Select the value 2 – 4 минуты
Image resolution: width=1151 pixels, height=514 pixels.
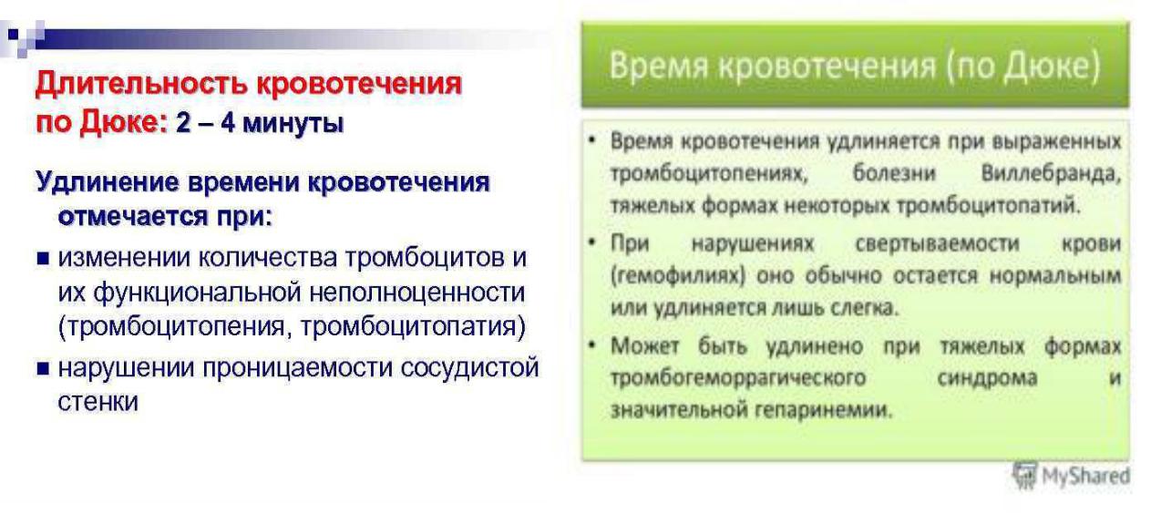point(260,123)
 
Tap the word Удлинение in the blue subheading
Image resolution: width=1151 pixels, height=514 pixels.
point(108,183)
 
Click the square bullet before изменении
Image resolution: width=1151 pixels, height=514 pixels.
point(43,258)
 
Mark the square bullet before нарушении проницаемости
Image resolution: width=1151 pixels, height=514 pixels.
point(43,368)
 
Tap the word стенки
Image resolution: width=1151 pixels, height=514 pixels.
point(98,402)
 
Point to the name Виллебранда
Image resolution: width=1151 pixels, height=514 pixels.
point(1051,173)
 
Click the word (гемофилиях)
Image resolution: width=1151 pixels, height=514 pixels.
point(678,276)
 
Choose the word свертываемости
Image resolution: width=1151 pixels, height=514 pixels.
point(938,243)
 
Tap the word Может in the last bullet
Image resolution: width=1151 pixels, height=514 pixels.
point(645,346)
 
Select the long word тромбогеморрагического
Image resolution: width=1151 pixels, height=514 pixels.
point(738,379)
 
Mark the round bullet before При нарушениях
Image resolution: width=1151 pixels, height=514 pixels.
point(593,241)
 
